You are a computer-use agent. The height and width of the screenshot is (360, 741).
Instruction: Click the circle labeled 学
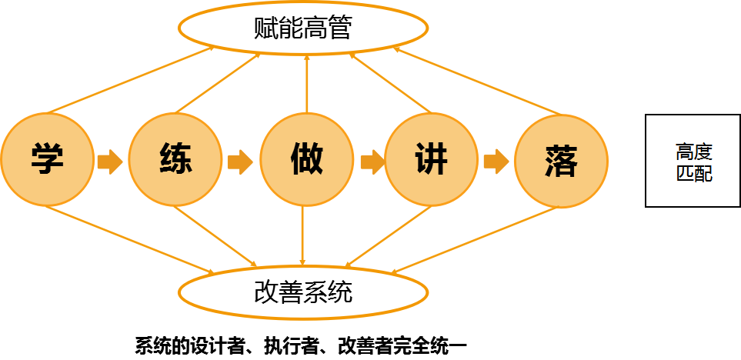(47, 160)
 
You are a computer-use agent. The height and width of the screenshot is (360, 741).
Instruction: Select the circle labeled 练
(175, 160)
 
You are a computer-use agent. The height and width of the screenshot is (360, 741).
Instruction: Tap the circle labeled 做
(305, 160)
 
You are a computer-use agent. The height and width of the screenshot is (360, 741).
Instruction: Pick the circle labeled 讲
(431, 160)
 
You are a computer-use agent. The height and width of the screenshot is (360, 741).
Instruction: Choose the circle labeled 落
(560, 160)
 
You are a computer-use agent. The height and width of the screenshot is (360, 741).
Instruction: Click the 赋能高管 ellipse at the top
(303, 28)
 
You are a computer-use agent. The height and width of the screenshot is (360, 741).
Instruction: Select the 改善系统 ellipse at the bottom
(303, 292)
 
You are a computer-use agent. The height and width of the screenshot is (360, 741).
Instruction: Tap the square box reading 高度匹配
(693, 162)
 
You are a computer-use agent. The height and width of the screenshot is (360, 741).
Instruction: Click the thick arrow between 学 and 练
(110, 162)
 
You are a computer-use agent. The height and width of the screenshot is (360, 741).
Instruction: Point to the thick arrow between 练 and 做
(240, 162)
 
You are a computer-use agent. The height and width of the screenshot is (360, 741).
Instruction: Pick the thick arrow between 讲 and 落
(496, 162)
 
